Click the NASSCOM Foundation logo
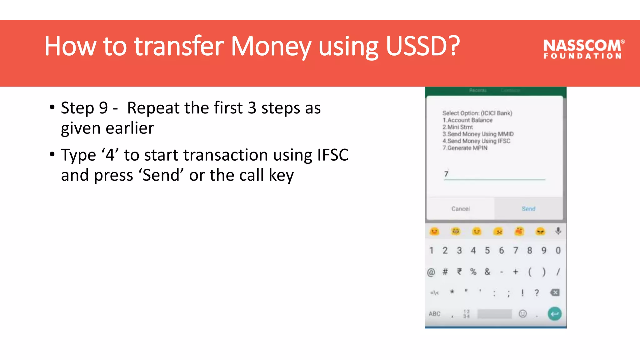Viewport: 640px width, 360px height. pos(583,49)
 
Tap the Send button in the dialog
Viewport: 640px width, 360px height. pos(528,209)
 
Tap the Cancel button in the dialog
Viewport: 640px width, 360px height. pos(460,209)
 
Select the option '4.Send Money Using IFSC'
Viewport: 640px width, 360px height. pos(476,141)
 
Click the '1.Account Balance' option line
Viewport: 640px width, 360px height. pos(467,120)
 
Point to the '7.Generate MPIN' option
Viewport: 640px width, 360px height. pos(465,148)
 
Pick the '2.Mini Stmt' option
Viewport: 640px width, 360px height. pos(457,127)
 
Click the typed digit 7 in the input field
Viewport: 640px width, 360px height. pos(446,174)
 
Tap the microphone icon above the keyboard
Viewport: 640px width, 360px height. pos(558,231)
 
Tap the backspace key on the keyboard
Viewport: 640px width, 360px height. pos(555,292)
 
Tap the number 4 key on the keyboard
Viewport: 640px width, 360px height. pos(473,250)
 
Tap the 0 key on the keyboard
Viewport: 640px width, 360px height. pos(558,250)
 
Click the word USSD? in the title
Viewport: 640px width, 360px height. pos(423,46)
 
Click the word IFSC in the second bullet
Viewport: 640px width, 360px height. pos(333,155)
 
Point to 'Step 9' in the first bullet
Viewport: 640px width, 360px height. pos(84,108)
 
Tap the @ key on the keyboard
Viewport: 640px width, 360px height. pos(431,272)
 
